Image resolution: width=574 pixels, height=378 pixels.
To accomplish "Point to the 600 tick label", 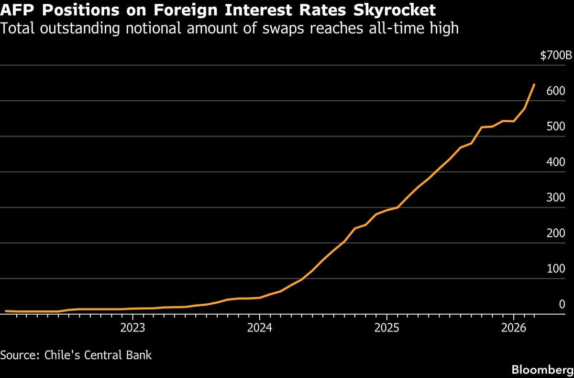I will tap(556, 91).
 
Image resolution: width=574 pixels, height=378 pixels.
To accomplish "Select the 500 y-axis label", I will tap(556, 127).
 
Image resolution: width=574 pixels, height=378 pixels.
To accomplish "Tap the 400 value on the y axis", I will tap(556, 162).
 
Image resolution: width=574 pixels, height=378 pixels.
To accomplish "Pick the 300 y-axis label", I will tap(556, 198).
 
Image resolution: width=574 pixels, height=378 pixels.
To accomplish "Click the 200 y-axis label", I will tap(556, 233).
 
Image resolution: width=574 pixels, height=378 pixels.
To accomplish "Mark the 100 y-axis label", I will tap(556, 269).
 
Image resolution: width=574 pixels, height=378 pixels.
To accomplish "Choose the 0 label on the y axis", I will tap(562, 304).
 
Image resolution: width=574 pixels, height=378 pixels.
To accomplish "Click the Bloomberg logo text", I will tap(542, 370).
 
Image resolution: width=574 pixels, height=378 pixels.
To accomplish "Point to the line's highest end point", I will tap(534, 84).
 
